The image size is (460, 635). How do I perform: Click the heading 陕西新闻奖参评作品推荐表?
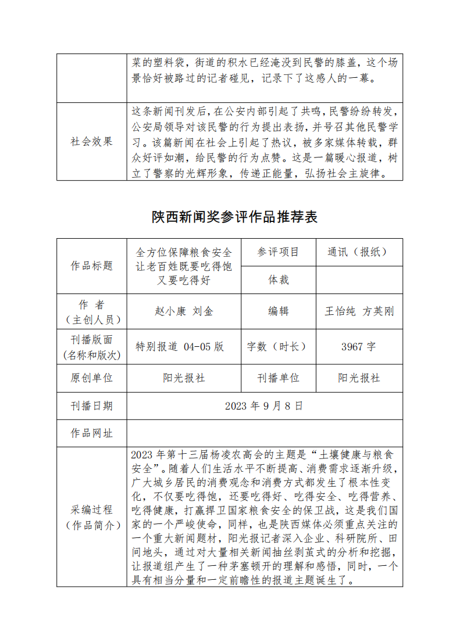[x=235, y=217]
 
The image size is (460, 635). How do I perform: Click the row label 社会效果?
[x=91, y=141]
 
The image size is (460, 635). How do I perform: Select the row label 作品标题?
[x=91, y=266]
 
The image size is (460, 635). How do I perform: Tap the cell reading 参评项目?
[x=278, y=252]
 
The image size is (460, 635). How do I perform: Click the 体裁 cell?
[x=278, y=280]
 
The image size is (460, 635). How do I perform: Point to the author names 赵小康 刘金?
[x=184, y=311]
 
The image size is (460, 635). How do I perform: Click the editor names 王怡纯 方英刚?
[x=359, y=311]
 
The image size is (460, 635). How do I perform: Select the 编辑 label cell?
[x=278, y=311]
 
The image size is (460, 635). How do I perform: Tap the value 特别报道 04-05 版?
[x=180, y=347]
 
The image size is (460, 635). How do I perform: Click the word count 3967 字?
[x=359, y=347]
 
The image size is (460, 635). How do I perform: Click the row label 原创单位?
[x=91, y=378]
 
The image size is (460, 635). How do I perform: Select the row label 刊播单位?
[x=278, y=378]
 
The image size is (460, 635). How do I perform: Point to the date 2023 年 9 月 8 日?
[x=264, y=406]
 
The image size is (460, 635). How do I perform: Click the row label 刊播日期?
[x=91, y=406]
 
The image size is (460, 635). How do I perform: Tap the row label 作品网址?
[x=91, y=433]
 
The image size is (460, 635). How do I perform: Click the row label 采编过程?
[x=91, y=510]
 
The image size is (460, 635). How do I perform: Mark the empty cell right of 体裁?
[x=359, y=280]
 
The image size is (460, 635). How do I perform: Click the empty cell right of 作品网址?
[x=264, y=433]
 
